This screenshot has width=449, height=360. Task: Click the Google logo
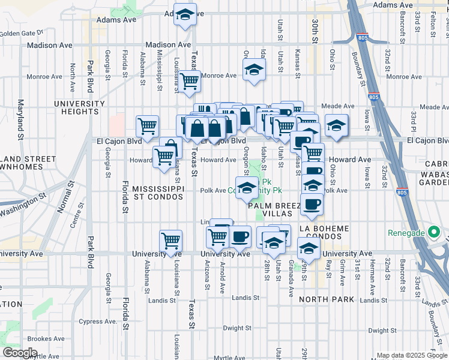coord(20,352)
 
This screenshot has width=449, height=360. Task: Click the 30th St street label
coord(314,30)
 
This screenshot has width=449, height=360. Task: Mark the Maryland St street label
coord(20,120)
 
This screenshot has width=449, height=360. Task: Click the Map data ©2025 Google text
coord(410,355)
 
